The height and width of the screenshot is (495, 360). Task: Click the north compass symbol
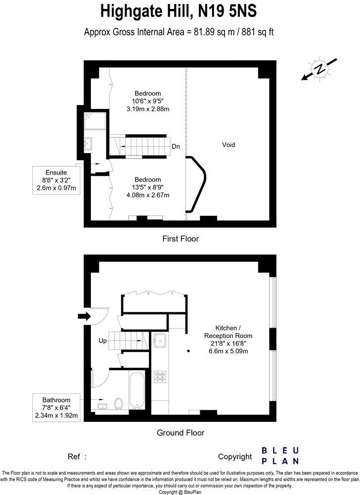(x=320, y=69)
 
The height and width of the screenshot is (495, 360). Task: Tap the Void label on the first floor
(x=228, y=145)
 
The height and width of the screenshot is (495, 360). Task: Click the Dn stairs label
(x=176, y=147)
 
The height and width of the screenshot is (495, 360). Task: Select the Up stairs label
(x=102, y=341)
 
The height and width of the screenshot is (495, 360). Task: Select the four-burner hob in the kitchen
(x=161, y=377)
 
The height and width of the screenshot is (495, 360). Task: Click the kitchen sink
(x=160, y=341)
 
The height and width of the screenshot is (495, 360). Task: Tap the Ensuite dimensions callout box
(x=55, y=180)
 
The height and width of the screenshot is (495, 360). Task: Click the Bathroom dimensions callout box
(x=56, y=407)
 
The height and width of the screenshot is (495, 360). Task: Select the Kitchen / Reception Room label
(x=228, y=340)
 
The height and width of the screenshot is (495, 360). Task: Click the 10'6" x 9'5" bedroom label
(x=148, y=101)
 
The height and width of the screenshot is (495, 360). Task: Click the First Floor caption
(x=180, y=239)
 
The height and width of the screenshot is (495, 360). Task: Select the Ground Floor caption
(x=180, y=433)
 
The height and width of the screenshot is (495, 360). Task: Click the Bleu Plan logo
(x=280, y=456)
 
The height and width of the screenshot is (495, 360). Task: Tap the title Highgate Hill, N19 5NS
(x=180, y=11)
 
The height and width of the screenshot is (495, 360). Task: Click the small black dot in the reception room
(x=189, y=351)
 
